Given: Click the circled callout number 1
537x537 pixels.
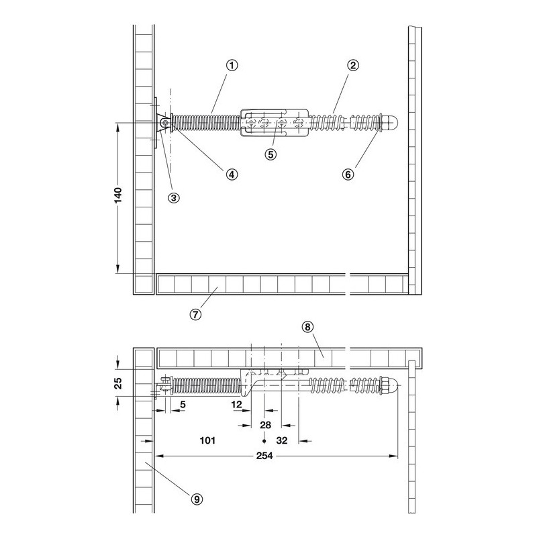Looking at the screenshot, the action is click(232, 65).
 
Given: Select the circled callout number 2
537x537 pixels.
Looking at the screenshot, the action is click(353, 65).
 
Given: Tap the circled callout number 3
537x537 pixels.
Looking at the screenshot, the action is click(174, 197).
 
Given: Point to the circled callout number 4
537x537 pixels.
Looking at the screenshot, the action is click(232, 175).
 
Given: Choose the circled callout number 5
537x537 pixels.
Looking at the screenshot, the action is click(271, 154).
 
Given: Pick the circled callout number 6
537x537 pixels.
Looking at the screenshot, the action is click(348, 175).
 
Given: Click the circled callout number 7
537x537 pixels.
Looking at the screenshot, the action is click(195, 314).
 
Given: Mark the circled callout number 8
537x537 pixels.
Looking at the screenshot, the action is click(307, 327).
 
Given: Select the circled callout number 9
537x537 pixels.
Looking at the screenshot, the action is click(197, 499).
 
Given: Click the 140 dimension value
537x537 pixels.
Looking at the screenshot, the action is click(118, 195).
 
